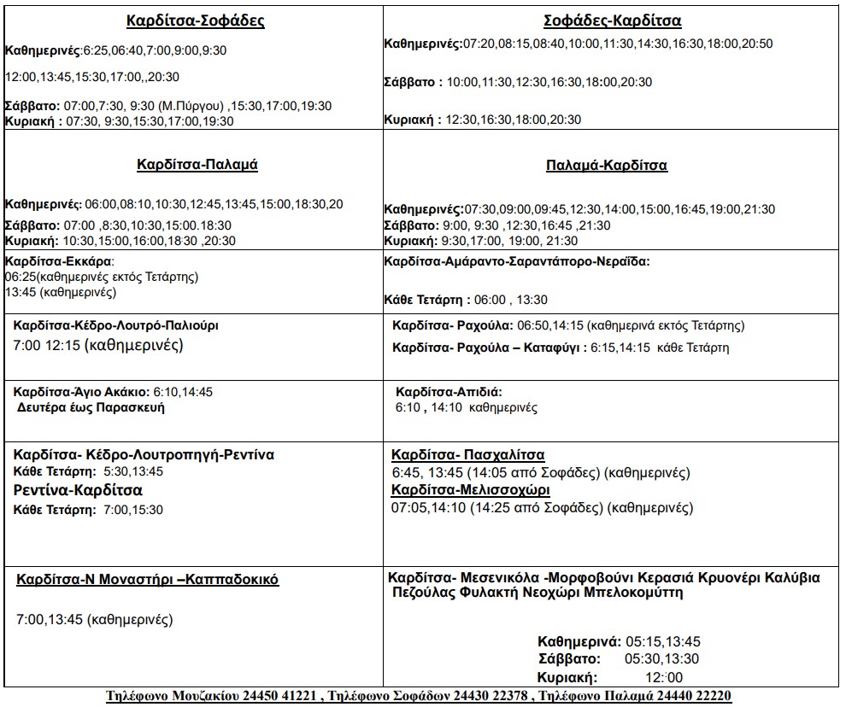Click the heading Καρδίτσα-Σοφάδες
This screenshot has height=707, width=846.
[x=196, y=21]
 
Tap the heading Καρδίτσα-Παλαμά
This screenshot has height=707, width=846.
[x=197, y=165]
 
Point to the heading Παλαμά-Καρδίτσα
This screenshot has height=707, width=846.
[x=607, y=166]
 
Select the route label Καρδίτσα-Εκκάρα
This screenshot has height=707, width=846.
[x=59, y=261]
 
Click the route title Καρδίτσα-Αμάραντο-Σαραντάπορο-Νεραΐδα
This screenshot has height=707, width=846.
[x=517, y=261]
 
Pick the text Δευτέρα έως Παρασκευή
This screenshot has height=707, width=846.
[x=91, y=407]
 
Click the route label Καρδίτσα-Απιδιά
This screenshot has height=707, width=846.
[x=449, y=391]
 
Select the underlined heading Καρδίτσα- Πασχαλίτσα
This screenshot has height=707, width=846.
[x=467, y=455]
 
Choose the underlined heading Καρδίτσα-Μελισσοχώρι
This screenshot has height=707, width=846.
[x=470, y=490]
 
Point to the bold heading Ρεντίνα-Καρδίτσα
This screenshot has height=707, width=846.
[x=79, y=490]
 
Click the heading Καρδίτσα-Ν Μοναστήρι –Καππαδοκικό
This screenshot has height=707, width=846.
[x=148, y=580]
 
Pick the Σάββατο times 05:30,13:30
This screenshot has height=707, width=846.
[x=662, y=659]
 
